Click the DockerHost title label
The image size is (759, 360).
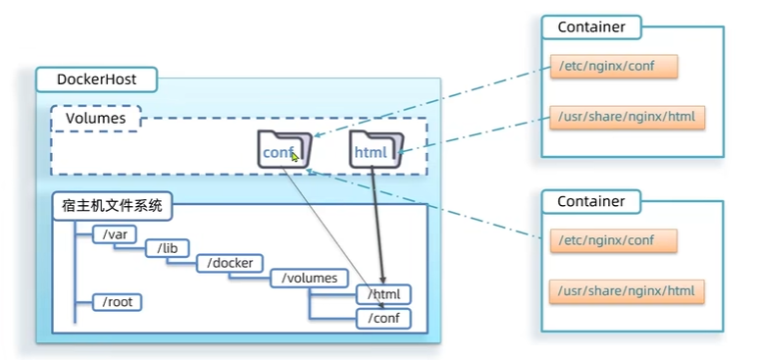click(x=96, y=79)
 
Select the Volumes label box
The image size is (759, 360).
click(x=96, y=119)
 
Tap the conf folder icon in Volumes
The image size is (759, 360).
click(x=284, y=149)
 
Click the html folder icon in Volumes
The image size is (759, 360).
click(x=377, y=150)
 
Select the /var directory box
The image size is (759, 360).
click(x=114, y=235)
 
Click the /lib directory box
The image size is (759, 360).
click(x=168, y=248)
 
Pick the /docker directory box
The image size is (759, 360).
click(x=229, y=263)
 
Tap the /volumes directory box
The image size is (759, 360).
click(x=309, y=279)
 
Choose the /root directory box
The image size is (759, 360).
click(x=118, y=302)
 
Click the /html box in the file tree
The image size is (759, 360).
click(x=383, y=294)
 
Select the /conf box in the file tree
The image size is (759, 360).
click(x=383, y=319)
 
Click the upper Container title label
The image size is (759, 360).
click(x=591, y=27)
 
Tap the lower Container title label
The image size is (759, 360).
click(x=591, y=201)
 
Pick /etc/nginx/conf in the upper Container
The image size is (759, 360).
click(x=613, y=67)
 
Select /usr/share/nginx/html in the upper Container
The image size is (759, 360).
click(x=627, y=118)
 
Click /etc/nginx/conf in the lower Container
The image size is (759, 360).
click(x=613, y=240)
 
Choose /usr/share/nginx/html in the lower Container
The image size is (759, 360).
click(x=627, y=291)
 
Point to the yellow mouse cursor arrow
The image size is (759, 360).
click(x=295, y=157)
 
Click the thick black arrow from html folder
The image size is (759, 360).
click(x=378, y=224)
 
